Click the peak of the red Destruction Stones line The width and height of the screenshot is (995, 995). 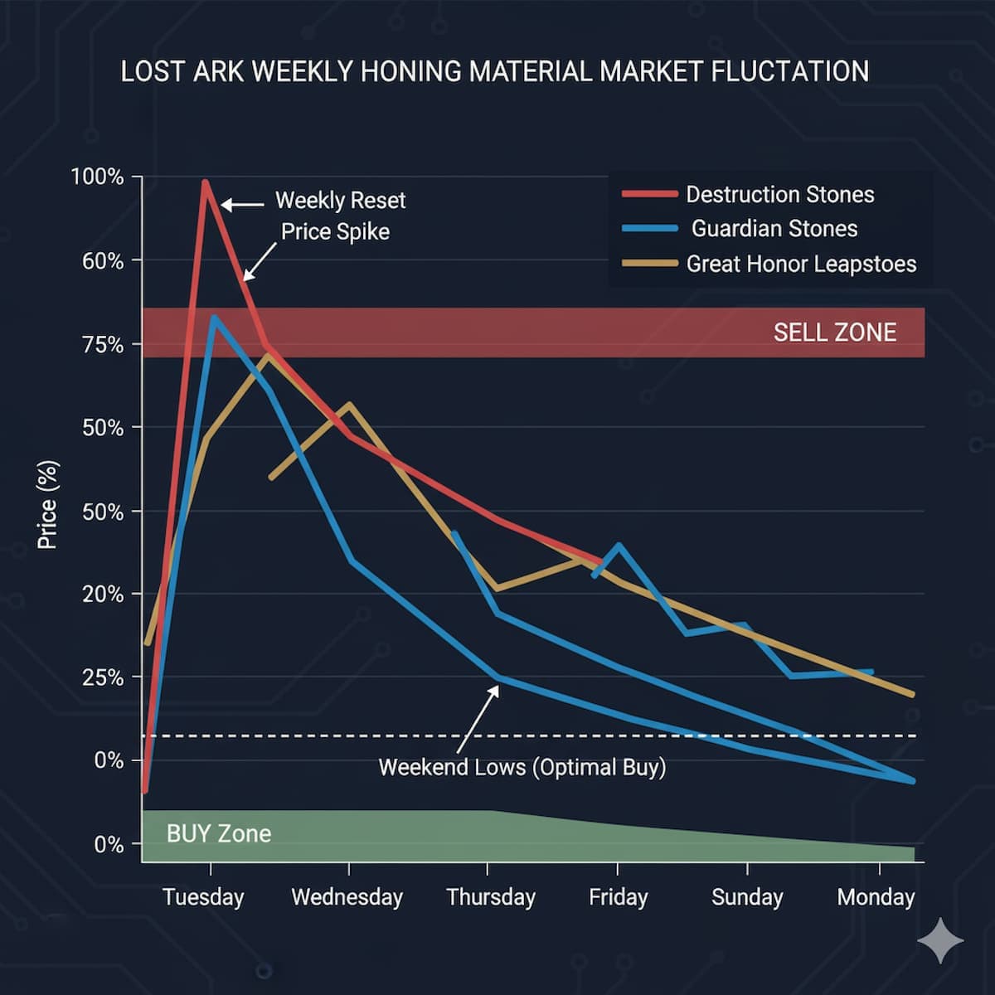tap(205, 182)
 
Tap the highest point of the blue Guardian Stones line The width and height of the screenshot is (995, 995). tap(214, 318)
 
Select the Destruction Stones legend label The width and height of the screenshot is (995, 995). tap(779, 195)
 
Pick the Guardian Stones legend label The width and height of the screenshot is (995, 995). tap(774, 229)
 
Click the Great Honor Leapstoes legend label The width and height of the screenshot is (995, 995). tap(801, 265)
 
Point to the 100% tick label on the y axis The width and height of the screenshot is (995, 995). tap(97, 177)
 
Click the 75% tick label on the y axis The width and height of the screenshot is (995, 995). tap(103, 345)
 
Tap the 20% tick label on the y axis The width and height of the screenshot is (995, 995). tap(103, 595)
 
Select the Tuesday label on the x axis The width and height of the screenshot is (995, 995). tap(203, 897)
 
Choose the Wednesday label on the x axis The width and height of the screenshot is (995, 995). tap(347, 897)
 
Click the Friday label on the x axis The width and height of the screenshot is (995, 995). tap(618, 897)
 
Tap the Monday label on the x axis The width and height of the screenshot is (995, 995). tap(876, 897)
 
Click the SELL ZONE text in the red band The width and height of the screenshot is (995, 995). tap(834, 332)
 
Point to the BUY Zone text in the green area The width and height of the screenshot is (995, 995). tap(219, 834)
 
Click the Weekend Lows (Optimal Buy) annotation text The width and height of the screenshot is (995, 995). tap(522, 767)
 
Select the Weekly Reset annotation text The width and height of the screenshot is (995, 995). tap(340, 201)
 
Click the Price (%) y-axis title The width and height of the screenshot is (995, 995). tap(47, 505)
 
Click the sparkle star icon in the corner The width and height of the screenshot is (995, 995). tap(940, 940)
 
